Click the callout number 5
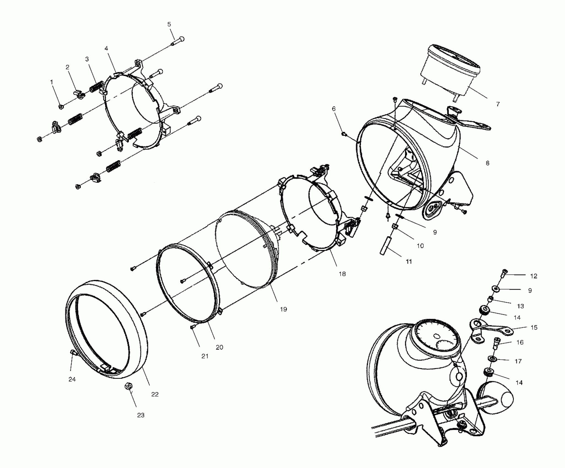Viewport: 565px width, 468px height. tap(169, 24)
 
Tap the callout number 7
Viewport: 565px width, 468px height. tap(498, 104)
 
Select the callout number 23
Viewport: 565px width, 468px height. tap(141, 415)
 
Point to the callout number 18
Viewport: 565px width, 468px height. tap(342, 274)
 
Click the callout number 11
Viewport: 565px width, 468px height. tap(409, 262)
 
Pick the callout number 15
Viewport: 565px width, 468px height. tap(534, 328)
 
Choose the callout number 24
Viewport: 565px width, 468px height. tap(72, 379)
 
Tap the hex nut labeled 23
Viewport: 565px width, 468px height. tap(129, 387)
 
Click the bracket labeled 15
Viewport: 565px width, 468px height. tap(490, 330)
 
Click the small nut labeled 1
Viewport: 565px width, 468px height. tap(61, 107)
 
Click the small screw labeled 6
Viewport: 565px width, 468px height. tap(344, 134)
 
